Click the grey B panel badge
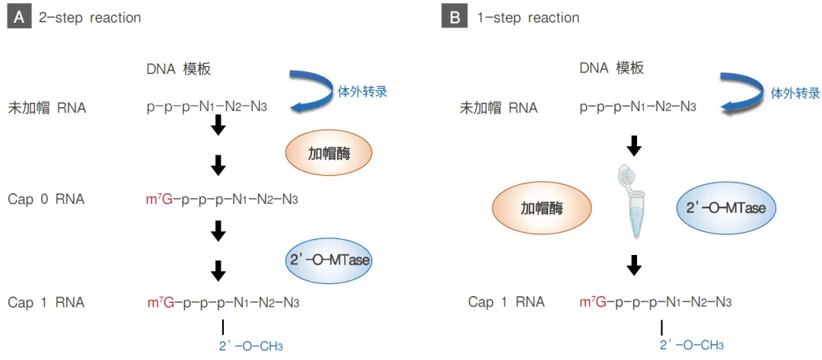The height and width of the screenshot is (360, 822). [454, 18]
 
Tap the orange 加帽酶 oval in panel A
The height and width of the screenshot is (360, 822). [329, 152]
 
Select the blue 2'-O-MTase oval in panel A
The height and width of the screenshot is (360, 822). [330, 260]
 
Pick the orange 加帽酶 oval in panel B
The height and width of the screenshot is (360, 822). [543, 207]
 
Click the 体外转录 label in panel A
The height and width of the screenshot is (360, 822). [362, 92]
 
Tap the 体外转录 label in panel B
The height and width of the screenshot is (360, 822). [795, 93]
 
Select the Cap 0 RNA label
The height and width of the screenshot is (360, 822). [46, 199]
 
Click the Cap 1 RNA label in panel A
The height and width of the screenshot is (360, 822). [46, 302]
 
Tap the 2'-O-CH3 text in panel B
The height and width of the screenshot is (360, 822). [691, 345]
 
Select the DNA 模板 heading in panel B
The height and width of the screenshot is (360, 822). [611, 68]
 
